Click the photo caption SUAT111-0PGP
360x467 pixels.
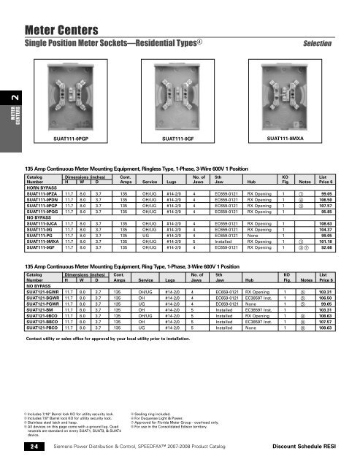point(72,116)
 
